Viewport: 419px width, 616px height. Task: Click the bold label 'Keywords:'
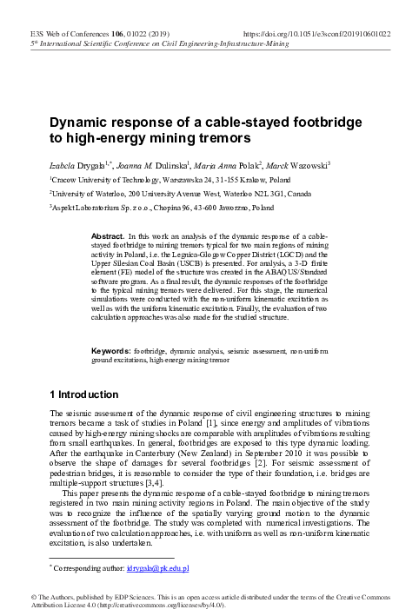tap(112, 349)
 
